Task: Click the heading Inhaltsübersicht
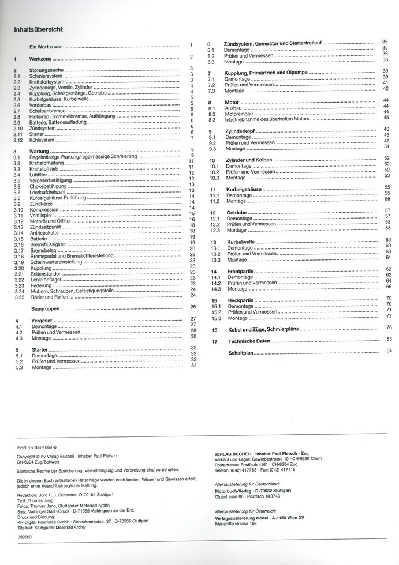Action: click(38, 29)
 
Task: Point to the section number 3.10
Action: click(19, 210)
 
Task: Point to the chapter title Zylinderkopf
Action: click(241, 132)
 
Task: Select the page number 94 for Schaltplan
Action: click(389, 351)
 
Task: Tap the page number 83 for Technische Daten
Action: click(389, 339)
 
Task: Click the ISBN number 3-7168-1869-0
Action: click(40, 447)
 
